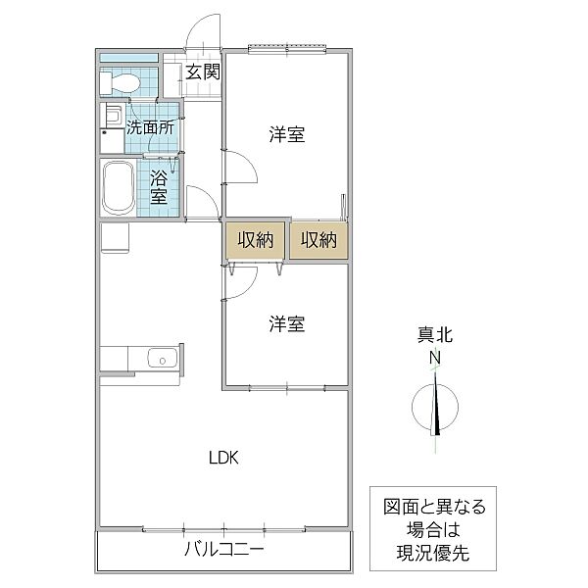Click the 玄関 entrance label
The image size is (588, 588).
pyautogui.click(x=203, y=72)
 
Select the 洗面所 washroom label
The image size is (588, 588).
pyautogui.click(x=150, y=127)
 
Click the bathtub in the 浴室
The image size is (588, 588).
pyautogui.click(x=119, y=187)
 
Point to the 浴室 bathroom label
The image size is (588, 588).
pyautogui.click(x=159, y=187)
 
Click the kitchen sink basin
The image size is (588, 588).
pyautogui.click(x=163, y=358)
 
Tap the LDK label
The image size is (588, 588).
pyautogui.click(x=223, y=458)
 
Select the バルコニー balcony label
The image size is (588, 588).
pyautogui.click(x=224, y=550)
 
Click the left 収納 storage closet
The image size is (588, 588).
pyautogui.click(x=255, y=240)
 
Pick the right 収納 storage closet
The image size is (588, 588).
pyautogui.click(x=318, y=240)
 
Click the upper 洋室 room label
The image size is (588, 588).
pyautogui.click(x=287, y=134)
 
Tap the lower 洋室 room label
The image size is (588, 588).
pyautogui.click(x=287, y=324)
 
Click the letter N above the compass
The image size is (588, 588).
pyautogui.click(x=435, y=358)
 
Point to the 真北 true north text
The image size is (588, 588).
pyautogui.click(x=435, y=335)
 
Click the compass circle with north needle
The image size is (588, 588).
pyautogui.click(x=435, y=408)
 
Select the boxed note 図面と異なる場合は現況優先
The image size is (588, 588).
pyautogui.click(x=433, y=529)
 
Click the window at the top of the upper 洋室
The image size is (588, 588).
pyautogui.click(x=287, y=49)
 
